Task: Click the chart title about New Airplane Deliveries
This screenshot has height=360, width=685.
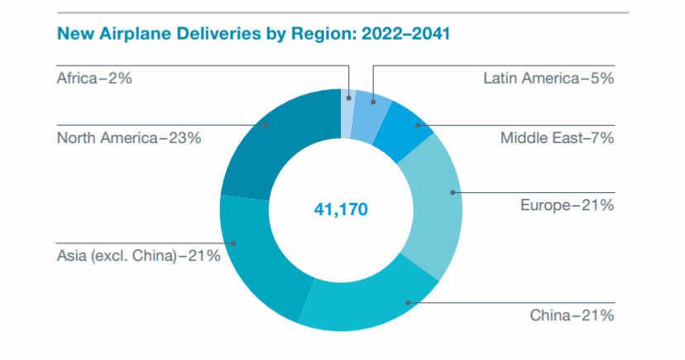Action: coord(253,35)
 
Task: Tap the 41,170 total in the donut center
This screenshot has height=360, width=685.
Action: coord(340,210)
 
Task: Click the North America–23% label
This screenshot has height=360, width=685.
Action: coord(129,138)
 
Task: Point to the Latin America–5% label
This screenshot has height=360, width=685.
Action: coord(548,79)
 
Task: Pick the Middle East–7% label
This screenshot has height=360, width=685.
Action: coord(557,138)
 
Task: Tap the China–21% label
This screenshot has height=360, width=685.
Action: coord(572,314)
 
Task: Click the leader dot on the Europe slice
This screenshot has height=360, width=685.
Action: coord(453,192)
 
